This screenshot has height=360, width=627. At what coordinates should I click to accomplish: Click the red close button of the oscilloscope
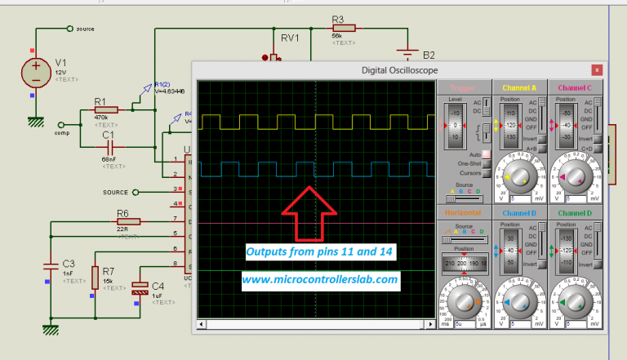point(597,70)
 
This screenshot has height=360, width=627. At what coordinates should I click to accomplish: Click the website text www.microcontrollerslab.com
point(319,279)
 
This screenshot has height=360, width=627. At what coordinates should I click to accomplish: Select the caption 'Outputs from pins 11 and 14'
point(319,252)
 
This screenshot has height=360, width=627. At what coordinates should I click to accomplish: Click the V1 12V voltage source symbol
point(37,73)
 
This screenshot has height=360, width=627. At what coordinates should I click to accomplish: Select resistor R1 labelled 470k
point(105,109)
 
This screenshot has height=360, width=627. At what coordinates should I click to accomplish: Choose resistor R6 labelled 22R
point(127,220)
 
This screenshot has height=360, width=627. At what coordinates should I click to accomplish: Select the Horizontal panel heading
point(462,213)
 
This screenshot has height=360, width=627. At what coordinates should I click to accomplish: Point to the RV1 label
point(291,38)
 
